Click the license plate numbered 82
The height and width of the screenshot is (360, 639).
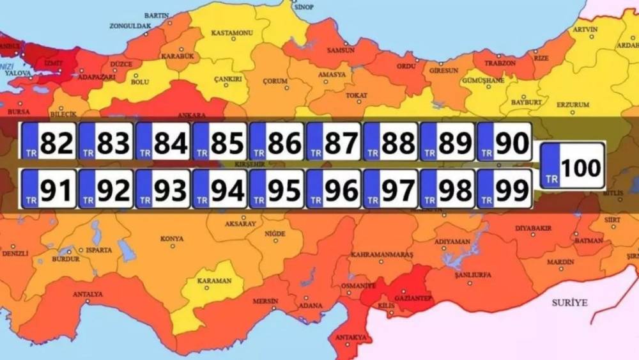[49, 142]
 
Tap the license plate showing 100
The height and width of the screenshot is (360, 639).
[573, 166]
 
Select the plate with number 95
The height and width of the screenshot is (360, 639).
[276, 189]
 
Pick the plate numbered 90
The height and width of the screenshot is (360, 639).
[504, 142]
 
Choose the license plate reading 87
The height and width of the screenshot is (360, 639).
[334, 142]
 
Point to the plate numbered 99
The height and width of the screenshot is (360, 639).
[504, 189]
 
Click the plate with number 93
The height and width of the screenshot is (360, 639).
[162, 189]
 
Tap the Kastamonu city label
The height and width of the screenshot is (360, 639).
[233, 33]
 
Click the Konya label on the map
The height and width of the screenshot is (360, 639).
[172, 239]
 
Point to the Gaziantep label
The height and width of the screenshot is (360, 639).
[415, 298]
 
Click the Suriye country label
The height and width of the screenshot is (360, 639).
[569, 302]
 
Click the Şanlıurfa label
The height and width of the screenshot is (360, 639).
[472, 275]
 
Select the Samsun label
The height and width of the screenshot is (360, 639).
[340, 50]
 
